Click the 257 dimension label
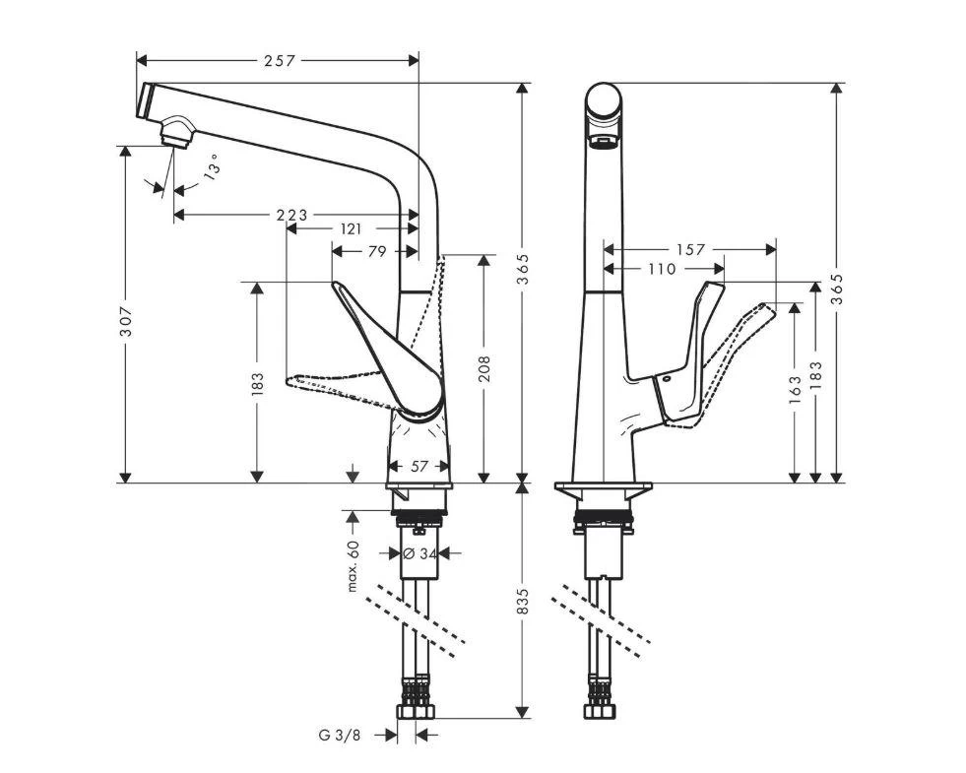click(x=279, y=61)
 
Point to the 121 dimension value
click(x=350, y=228)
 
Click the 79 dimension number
click(x=376, y=251)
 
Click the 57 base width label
click(x=419, y=467)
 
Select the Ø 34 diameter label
click(x=419, y=554)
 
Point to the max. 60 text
click(x=353, y=566)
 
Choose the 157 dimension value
click(x=690, y=250)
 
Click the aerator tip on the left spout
click(x=175, y=131)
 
